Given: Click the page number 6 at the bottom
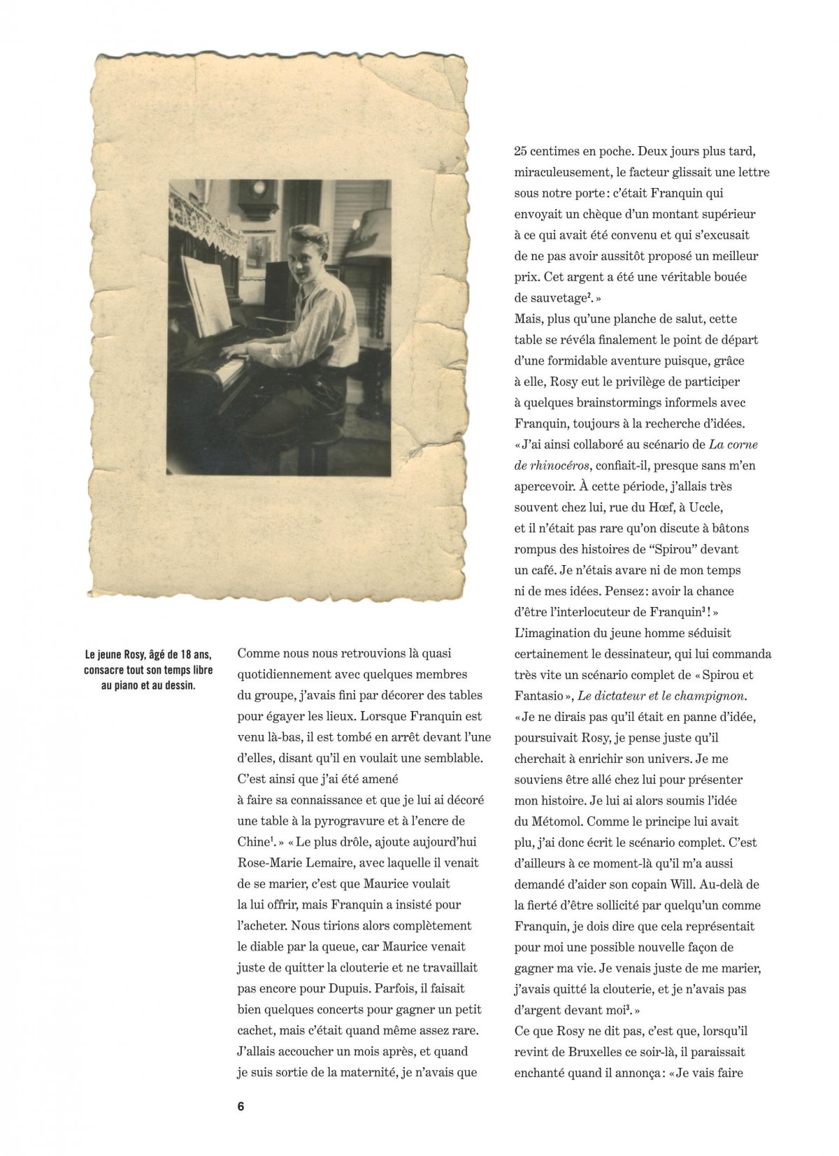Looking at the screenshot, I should click(241, 1106).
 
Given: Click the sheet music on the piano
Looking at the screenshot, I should click(206, 295).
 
